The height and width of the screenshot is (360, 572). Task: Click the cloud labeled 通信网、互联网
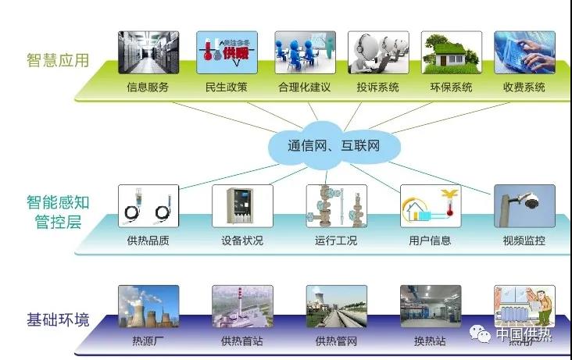point(334,145)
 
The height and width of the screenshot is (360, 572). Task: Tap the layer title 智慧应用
point(57,59)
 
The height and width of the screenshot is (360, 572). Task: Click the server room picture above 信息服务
point(148,52)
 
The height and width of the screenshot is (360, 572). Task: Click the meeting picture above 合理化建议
point(305,52)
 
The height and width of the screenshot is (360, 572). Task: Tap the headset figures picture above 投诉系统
point(378,52)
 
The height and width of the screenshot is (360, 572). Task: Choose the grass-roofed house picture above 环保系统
point(452,52)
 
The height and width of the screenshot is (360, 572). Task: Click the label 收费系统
point(524,87)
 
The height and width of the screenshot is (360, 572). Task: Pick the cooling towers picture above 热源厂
point(148,306)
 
